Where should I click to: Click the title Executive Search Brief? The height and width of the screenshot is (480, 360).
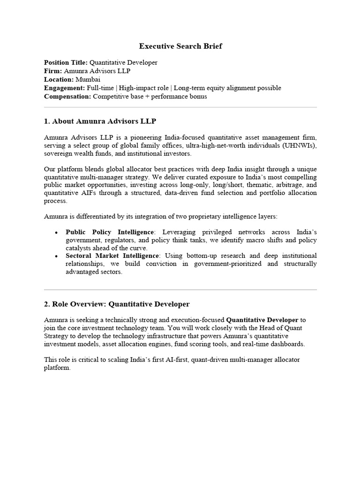[x=180, y=46]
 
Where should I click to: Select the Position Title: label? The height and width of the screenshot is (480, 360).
[x=66, y=62]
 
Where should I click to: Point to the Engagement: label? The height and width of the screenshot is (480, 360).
[x=63, y=88]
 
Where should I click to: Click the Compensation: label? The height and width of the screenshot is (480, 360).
[x=67, y=96]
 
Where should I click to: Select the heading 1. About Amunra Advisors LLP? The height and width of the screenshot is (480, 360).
[x=100, y=121]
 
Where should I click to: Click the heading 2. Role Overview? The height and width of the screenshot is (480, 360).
[x=75, y=304]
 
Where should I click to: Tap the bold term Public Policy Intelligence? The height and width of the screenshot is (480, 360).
[x=110, y=232]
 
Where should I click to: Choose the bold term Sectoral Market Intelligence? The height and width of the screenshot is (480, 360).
[x=112, y=255]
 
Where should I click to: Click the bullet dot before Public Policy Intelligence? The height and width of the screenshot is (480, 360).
[x=56, y=233]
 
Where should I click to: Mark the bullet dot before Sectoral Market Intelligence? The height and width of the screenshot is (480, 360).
[x=56, y=256]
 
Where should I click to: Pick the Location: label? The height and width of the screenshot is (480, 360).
[x=58, y=79]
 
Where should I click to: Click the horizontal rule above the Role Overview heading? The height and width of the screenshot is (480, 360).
[x=180, y=290]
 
